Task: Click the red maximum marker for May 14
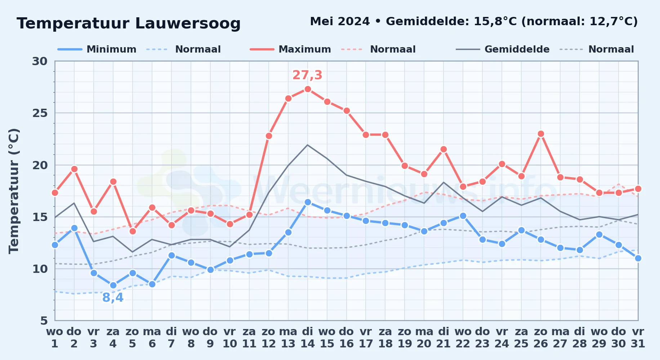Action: pyautogui.click(x=308, y=89)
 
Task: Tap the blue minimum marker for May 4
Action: pyautogui.click(x=113, y=285)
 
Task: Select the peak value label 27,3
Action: pyautogui.click(x=307, y=75)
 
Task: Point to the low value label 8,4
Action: pyautogui.click(x=113, y=298)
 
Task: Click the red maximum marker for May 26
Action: pyautogui.click(x=541, y=134)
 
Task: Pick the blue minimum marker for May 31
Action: pyautogui.click(x=638, y=258)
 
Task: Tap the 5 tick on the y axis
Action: pyautogui.click(x=44, y=320)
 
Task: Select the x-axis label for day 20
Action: pyautogui.click(x=424, y=337)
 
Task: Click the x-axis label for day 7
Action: pyautogui.click(x=171, y=337)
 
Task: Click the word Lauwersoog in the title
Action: pyautogui.click(x=188, y=23)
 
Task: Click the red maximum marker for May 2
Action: pyautogui.click(x=74, y=169)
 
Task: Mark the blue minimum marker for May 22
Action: pyautogui.click(x=463, y=216)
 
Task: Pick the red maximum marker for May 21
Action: pyautogui.click(x=443, y=149)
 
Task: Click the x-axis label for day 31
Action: pyautogui.click(x=638, y=337)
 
